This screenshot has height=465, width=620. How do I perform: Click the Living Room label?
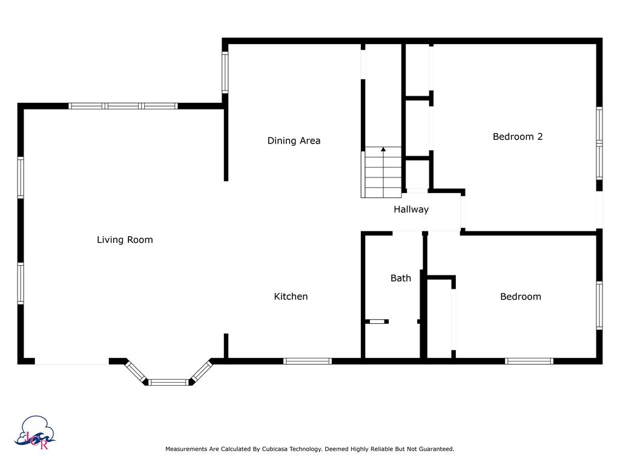point(125,240)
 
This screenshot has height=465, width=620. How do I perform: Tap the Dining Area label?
point(294,140)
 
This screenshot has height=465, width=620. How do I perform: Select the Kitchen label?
point(291,297)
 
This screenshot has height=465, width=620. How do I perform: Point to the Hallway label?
point(411,209)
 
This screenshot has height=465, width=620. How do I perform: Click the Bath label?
point(401,279)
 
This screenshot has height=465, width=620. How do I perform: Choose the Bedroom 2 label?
point(518,137)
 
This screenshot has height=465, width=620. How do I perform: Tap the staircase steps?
point(381,173)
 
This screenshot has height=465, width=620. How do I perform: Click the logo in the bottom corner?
point(35,432)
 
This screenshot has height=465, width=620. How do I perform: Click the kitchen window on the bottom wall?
point(307,361)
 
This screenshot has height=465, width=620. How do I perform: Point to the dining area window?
point(225,73)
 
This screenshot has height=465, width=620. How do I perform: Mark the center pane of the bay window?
point(168,382)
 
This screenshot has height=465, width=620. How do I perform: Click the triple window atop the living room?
point(123,106)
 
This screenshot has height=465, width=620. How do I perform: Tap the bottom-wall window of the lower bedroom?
point(529,361)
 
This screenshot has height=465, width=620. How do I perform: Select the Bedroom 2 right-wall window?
point(599,143)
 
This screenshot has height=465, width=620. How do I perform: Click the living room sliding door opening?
point(72,361)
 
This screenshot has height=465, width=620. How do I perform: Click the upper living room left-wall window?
point(21,177)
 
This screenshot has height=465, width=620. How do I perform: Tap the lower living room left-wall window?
point(21,283)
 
